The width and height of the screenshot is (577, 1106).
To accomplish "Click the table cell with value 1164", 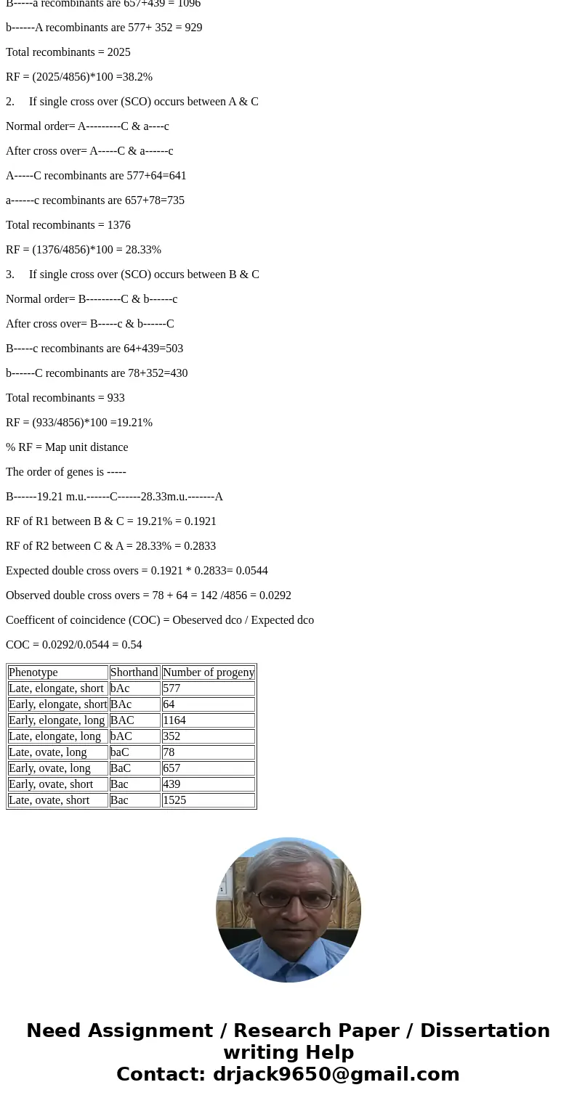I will pos(208,720).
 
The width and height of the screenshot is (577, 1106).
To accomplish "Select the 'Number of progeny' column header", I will pos(208,672).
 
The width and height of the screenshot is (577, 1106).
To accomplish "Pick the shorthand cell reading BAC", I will pos(134,720).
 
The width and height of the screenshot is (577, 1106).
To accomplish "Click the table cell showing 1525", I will pos(208,800).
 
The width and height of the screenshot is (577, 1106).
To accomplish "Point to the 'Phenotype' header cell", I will pos(57,672).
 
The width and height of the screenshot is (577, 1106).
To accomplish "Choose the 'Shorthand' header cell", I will pos(134,672).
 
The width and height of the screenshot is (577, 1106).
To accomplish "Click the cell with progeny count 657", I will pos(208,768).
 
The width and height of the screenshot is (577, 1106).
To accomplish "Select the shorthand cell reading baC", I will pos(134,752).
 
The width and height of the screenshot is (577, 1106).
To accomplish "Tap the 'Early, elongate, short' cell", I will pos(57,704).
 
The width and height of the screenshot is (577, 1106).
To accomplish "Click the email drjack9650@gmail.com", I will pos(336,1074).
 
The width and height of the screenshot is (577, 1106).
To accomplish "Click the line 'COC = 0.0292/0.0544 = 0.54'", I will pos(74,645).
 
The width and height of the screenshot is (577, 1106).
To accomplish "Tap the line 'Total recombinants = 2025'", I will pos(68,52).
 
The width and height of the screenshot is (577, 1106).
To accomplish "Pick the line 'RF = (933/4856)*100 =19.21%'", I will pos(79,423).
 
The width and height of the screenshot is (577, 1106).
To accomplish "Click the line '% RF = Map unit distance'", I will pos(67,447).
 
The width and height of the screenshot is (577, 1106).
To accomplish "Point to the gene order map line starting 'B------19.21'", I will pos(114,497).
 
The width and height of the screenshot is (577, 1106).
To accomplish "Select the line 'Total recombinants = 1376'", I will pos(68,225).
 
